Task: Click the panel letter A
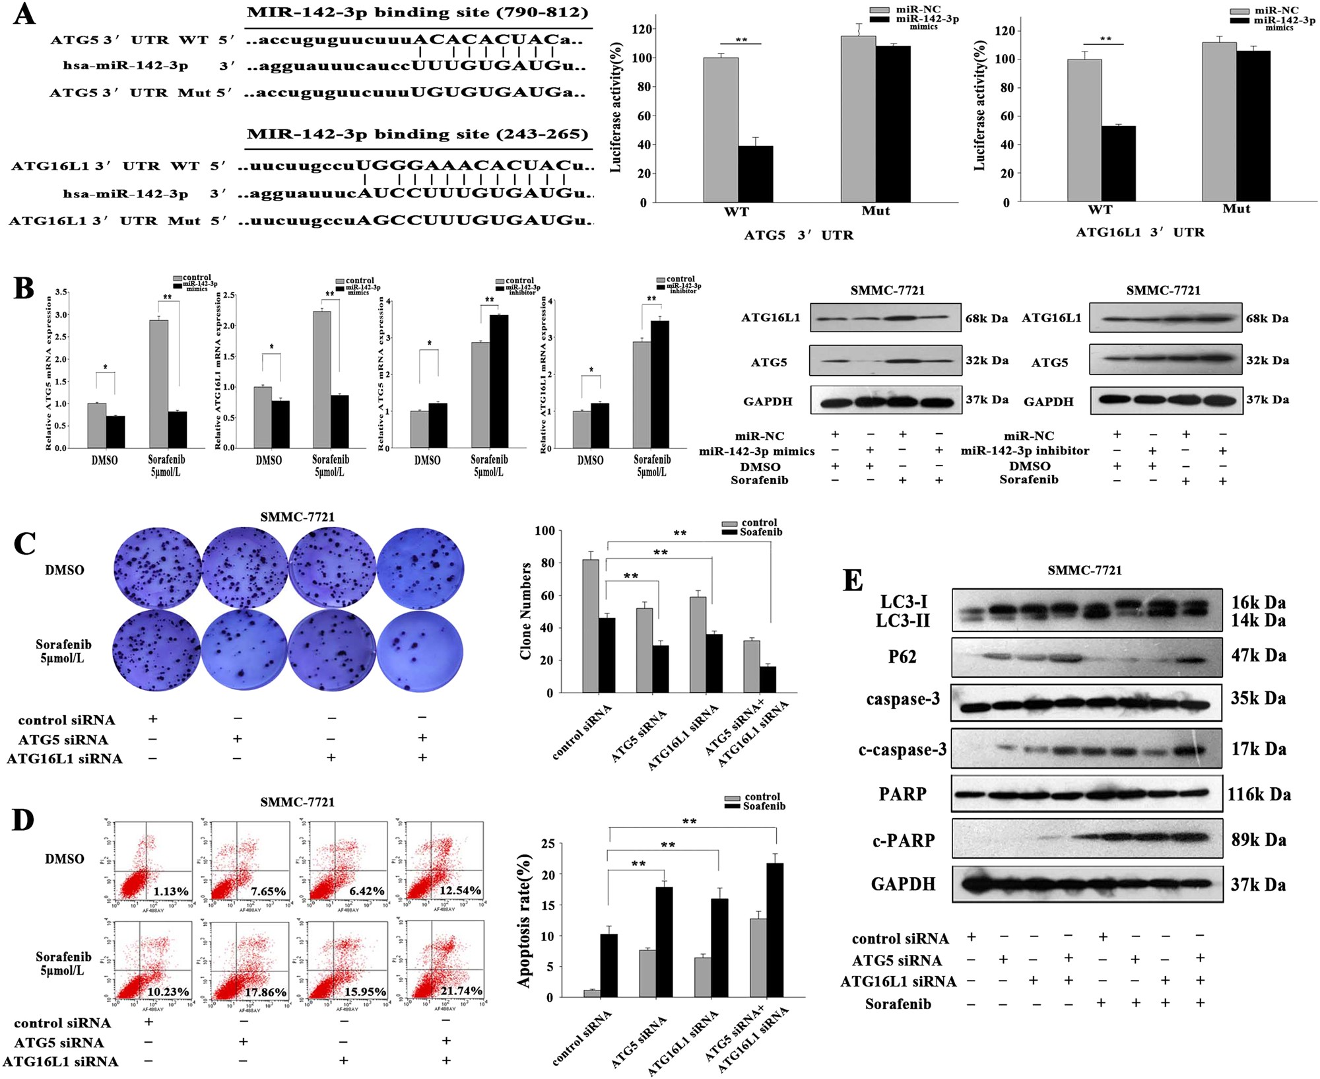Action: tap(24, 15)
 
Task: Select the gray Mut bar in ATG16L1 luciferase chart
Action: tap(1218, 122)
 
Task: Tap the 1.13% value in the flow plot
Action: tap(171, 891)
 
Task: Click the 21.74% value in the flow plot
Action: tap(461, 991)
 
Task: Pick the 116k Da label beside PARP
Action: tap(1259, 794)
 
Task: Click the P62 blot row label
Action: tap(902, 657)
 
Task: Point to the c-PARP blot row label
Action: tap(902, 841)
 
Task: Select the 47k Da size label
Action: tap(1258, 656)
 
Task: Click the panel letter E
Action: tap(852, 580)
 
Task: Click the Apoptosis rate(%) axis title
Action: tap(524, 921)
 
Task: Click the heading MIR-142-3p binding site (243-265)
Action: tap(417, 134)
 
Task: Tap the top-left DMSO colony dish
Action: tap(156, 569)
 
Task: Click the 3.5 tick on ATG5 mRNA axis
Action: tap(61, 292)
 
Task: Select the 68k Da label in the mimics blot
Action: tap(986, 318)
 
